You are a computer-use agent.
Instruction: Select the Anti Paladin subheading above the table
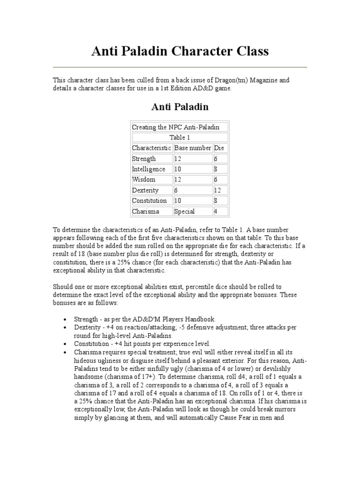tap(180, 107)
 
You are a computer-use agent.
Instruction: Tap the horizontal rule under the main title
tap(180, 67)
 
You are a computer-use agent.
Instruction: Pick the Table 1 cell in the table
tap(180, 137)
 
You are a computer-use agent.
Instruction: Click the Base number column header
tap(193, 148)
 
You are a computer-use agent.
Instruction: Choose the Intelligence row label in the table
tap(149, 169)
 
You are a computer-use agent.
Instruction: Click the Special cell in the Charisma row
tap(184, 211)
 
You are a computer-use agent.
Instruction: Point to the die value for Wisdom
tap(217, 180)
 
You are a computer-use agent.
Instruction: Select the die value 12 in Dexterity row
tap(218, 190)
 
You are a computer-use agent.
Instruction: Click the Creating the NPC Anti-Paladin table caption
tap(176, 127)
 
